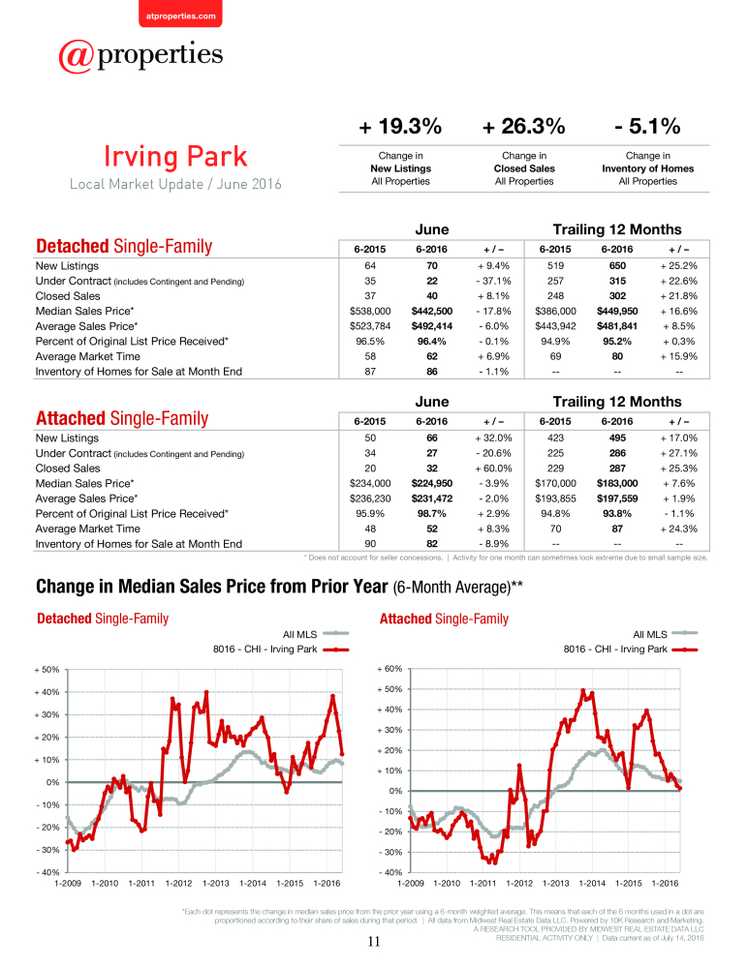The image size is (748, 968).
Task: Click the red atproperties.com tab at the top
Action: pyautogui.click(x=180, y=14)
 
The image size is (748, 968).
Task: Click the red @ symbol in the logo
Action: pyautogui.click(x=76, y=57)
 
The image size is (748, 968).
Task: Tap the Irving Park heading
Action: pyautogui.click(x=175, y=156)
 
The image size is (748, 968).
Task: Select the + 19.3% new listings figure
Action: pyautogui.click(x=400, y=127)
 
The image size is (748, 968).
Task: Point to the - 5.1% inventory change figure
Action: pyautogui.click(x=647, y=127)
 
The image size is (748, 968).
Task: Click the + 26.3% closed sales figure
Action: pyautogui.click(x=524, y=127)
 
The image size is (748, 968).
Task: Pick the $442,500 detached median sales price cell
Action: pyautogui.click(x=432, y=311)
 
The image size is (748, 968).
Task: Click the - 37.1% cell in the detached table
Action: pyautogui.click(x=494, y=281)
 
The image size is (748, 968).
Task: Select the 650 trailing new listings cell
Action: pyautogui.click(x=617, y=266)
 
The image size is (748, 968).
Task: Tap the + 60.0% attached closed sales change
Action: pyautogui.click(x=494, y=469)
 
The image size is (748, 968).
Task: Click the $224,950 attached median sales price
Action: pyautogui.click(x=432, y=483)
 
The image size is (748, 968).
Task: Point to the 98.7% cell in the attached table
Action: pyautogui.click(x=432, y=514)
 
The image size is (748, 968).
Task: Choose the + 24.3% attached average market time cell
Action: pyautogui.click(x=679, y=529)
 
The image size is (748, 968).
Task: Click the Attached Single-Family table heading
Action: pyautogui.click(x=122, y=418)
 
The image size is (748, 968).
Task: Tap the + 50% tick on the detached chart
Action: pyautogui.click(x=47, y=670)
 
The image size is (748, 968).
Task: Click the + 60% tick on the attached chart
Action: pyautogui.click(x=390, y=669)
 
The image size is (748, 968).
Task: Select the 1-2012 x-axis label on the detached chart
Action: pyautogui.click(x=178, y=884)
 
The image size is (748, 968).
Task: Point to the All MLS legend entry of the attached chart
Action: pyautogui.click(x=666, y=634)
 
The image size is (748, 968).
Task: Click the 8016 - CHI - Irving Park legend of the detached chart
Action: pyautogui.click(x=281, y=650)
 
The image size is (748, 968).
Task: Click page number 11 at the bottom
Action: pyautogui.click(x=374, y=942)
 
